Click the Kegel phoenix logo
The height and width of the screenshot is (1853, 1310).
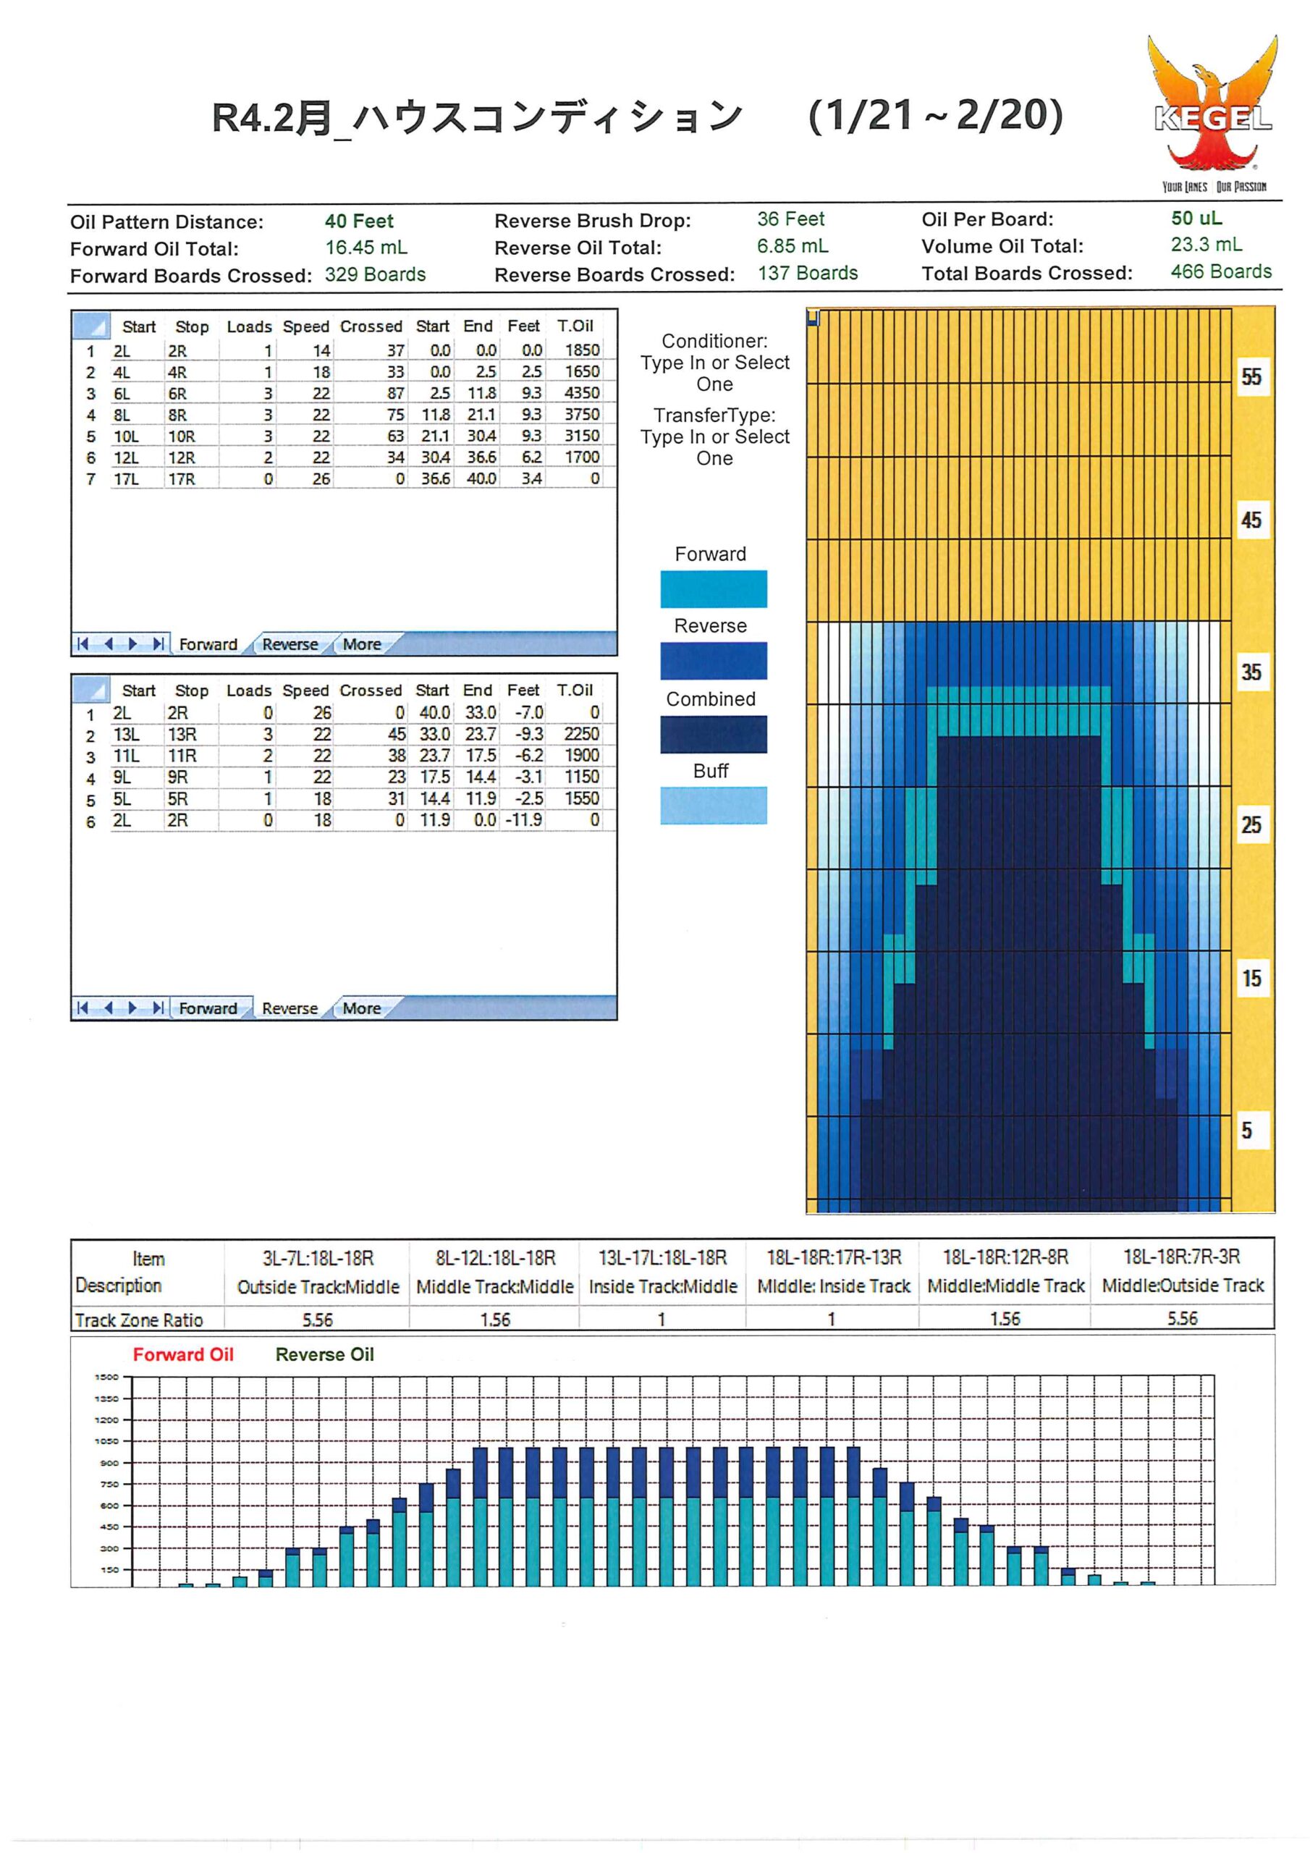[x=1212, y=113]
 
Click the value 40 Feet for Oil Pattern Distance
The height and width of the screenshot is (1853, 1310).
[x=359, y=221]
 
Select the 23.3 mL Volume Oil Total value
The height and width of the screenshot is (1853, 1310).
[x=1207, y=245]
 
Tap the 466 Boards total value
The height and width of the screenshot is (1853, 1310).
[x=1221, y=272]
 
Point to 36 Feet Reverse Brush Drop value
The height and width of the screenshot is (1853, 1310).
[x=790, y=219]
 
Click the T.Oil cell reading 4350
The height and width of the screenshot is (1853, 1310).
[x=582, y=393]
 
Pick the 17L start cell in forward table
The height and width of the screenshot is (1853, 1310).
[x=126, y=479]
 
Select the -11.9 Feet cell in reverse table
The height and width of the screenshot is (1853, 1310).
[x=524, y=820]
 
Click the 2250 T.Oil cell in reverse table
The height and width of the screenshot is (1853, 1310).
[x=582, y=735]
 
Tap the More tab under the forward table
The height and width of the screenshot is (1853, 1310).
[x=362, y=644]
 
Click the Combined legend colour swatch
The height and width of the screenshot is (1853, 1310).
[x=714, y=735]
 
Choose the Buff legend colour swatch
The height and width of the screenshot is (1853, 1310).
[x=714, y=806]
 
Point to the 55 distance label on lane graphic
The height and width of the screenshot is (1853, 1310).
[x=1251, y=377]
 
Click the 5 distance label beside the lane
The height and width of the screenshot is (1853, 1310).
[x=1247, y=1131]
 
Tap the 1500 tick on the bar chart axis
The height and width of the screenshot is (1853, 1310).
[x=106, y=1377]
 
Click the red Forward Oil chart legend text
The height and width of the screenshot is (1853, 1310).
[x=183, y=1355]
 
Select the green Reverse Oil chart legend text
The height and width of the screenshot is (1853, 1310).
[x=324, y=1355]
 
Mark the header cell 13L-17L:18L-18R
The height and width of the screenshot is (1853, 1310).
[x=663, y=1258]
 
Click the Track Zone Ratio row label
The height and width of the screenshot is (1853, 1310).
[x=139, y=1320]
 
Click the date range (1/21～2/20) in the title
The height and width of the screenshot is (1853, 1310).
[x=936, y=115]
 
